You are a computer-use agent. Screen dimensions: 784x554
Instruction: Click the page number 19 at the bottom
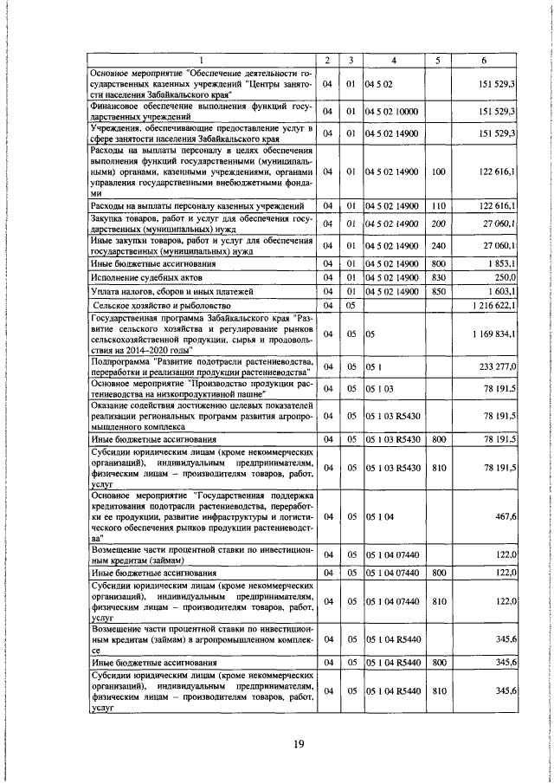tap(298, 744)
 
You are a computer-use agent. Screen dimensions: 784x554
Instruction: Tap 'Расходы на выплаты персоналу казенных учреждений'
tap(196, 206)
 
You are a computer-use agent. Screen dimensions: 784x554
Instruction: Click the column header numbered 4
tap(393, 60)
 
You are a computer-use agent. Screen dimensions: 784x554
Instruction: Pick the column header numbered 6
tap(484, 60)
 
